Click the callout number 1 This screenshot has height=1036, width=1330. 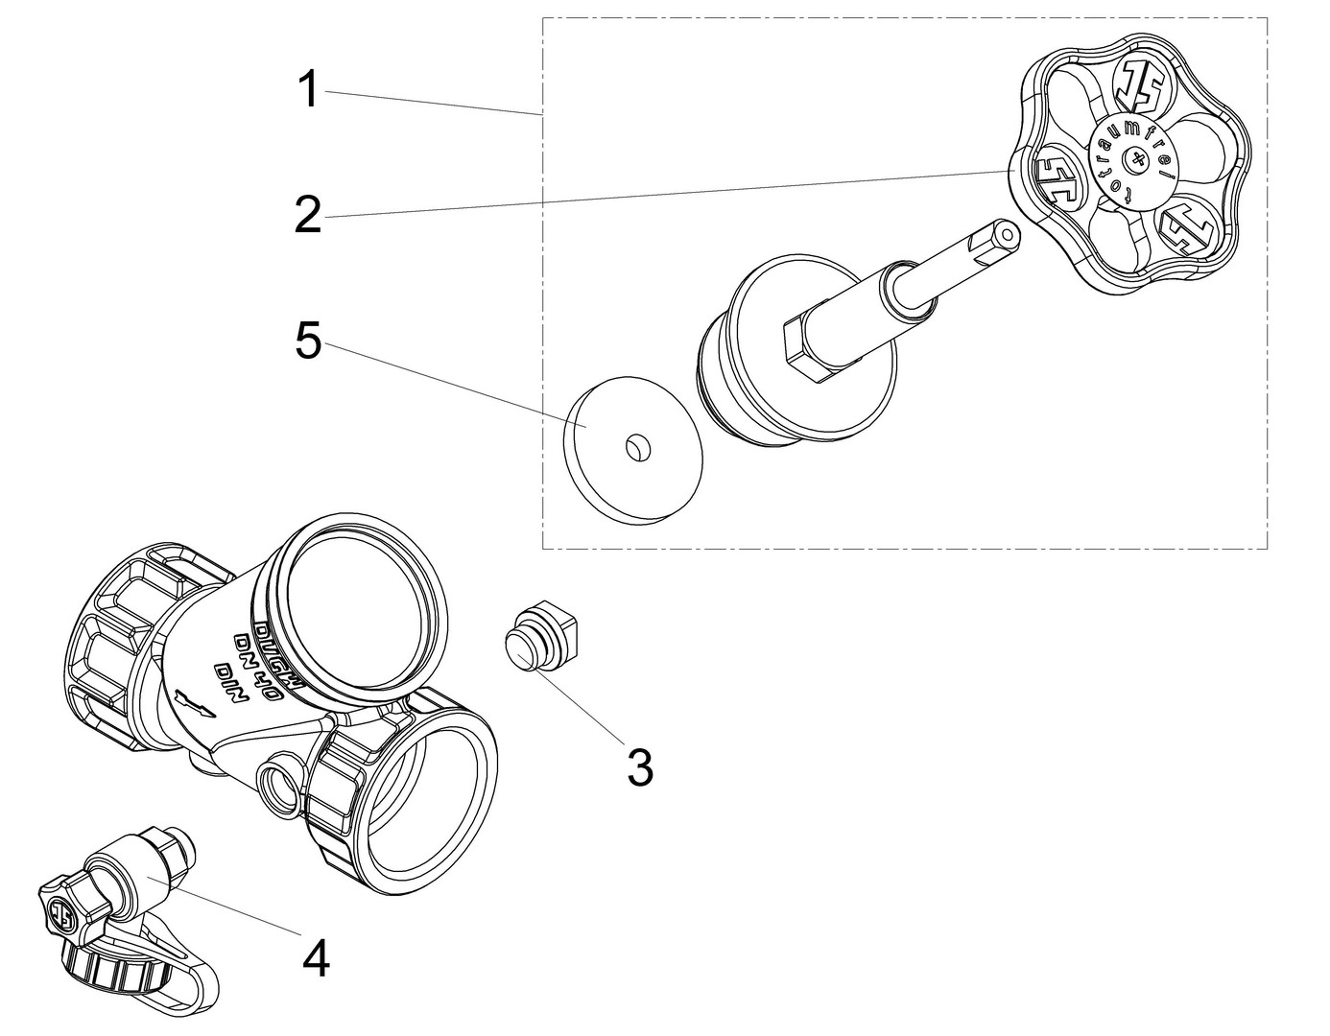[307, 91]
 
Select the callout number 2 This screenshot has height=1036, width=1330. [308, 216]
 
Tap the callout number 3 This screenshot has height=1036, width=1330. [639, 766]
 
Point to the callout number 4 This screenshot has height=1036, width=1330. [316, 957]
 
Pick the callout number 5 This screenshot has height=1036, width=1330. [308, 341]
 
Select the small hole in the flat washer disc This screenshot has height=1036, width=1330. [635, 445]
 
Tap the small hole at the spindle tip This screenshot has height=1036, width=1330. [1005, 231]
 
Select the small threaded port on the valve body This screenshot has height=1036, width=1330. [280, 785]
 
